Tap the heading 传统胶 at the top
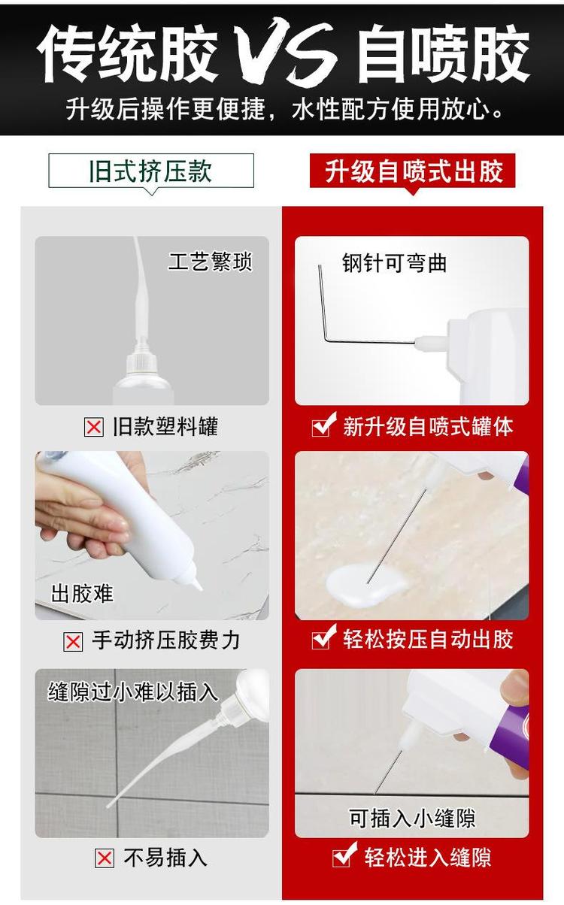pyautogui.click(x=128, y=55)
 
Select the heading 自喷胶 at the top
pyautogui.click(x=443, y=55)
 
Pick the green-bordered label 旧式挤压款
pyautogui.click(x=151, y=171)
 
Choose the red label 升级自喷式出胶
pyautogui.click(x=414, y=171)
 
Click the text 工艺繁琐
pyautogui.click(x=210, y=262)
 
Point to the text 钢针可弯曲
pyautogui.click(x=394, y=263)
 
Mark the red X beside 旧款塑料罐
pyautogui.click(x=93, y=428)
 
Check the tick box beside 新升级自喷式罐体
pyautogui.click(x=323, y=426)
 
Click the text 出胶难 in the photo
pyautogui.click(x=82, y=593)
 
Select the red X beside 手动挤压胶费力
pyautogui.click(x=73, y=641)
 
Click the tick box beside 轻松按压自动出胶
pyautogui.click(x=323, y=639)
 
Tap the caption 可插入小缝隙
pyautogui.click(x=412, y=818)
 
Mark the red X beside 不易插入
pyautogui.click(x=105, y=858)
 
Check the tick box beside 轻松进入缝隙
pyautogui.click(x=344, y=855)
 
